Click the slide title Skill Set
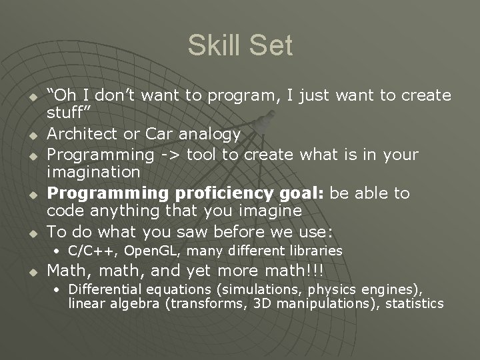(x=240, y=45)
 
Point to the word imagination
(x=93, y=173)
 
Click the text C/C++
(x=91, y=251)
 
